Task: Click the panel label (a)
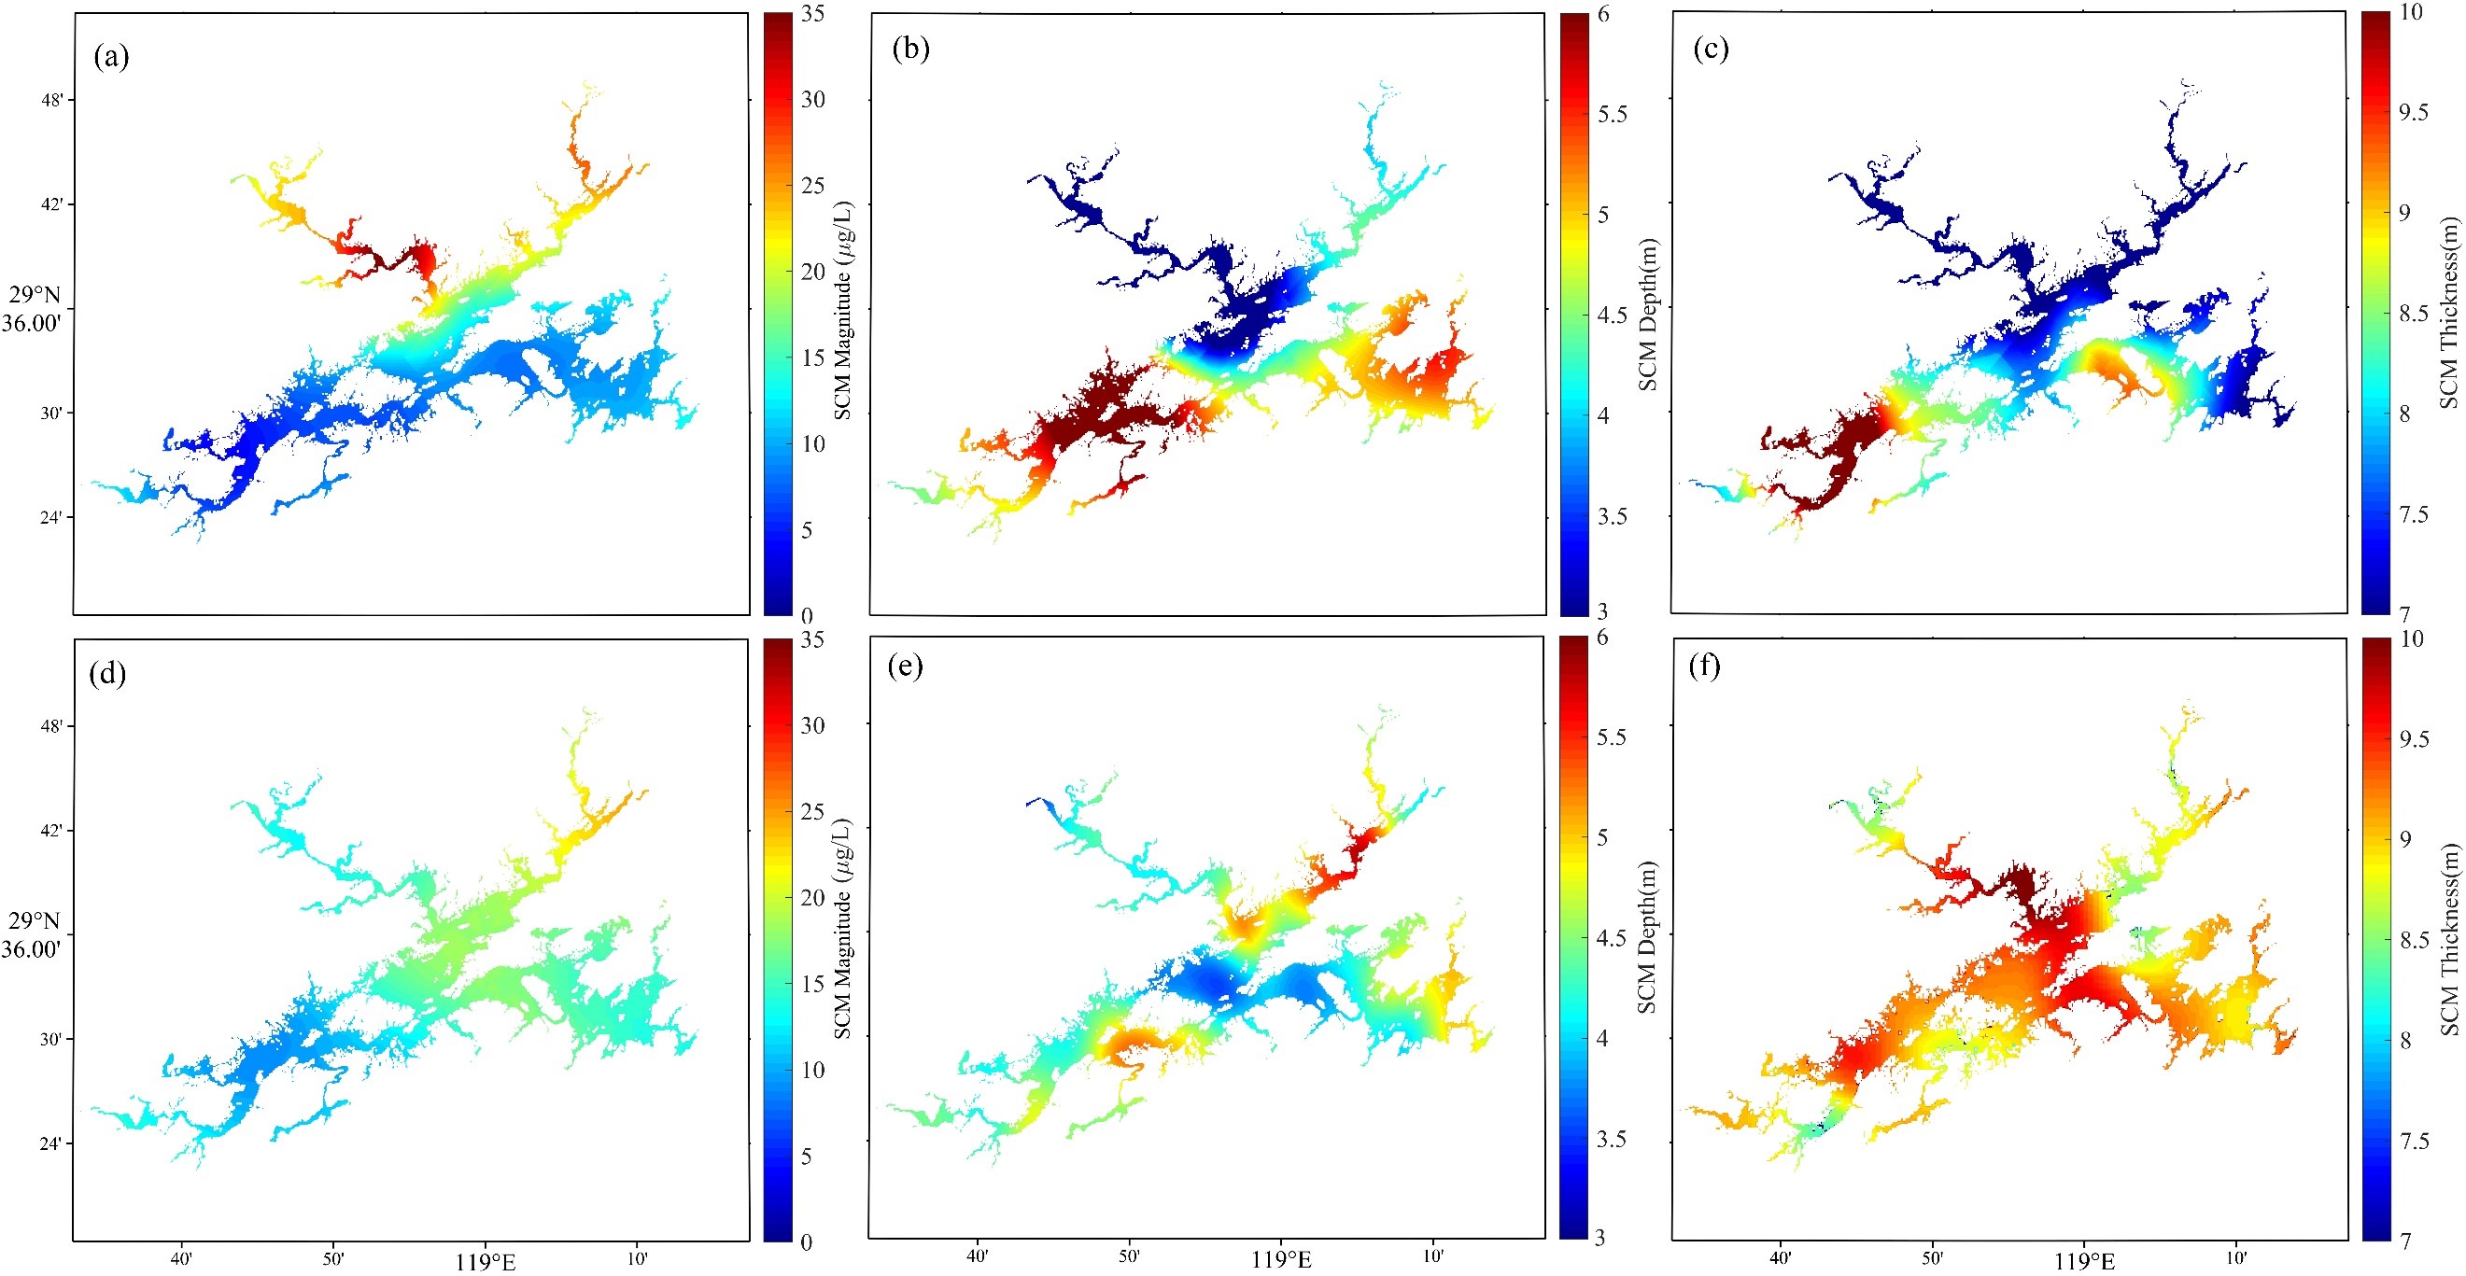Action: click(x=111, y=58)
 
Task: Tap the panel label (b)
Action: click(x=909, y=49)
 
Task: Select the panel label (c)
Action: click(x=1710, y=49)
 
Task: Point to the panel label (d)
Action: click(x=107, y=674)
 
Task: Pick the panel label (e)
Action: click(x=905, y=666)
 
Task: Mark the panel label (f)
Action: click(x=1704, y=666)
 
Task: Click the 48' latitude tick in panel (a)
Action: click(x=53, y=100)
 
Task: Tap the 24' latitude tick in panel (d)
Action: click(x=53, y=1143)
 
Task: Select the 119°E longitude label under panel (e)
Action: click(x=1281, y=1261)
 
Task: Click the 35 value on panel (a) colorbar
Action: click(x=811, y=14)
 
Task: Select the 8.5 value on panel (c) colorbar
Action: click(x=2414, y=313)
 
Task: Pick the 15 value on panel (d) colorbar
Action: click(x=812, y=983)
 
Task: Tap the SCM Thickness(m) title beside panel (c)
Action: click(x=2448, y=313)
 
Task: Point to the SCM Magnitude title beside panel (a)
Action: click(x=841, y=311)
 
